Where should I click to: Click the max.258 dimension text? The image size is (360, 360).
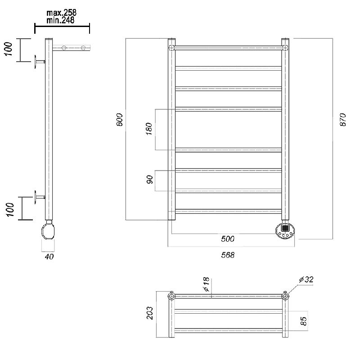pos(61,13)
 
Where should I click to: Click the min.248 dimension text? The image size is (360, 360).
pos(60,20)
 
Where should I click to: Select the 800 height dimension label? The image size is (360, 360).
pos(120,119)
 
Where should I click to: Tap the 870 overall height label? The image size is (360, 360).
pos(342,119)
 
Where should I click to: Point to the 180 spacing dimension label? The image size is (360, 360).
pos(149,129)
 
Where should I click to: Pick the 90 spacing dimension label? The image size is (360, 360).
pos(149,179)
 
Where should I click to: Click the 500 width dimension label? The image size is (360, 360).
pos(228,239)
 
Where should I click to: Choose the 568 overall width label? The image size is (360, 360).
pos(228,255)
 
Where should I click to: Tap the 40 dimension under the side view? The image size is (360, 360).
pos(49,256)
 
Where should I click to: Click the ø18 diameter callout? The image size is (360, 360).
pos(207,284)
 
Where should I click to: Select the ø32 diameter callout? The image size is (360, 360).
pos(306,279)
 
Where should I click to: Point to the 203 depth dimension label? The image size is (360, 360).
pos(150,313)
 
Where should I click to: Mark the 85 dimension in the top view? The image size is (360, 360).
pos(303,321)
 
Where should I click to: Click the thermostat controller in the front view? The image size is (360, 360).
pos(285,231)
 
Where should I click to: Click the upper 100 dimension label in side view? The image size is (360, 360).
pos(8,49)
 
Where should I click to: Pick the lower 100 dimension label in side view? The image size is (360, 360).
pos(10,209)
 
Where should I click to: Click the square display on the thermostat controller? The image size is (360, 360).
pos(285,228)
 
